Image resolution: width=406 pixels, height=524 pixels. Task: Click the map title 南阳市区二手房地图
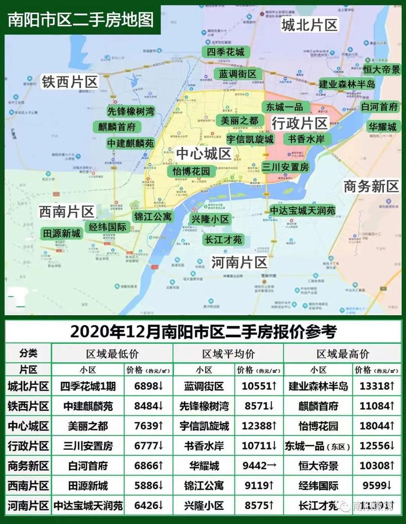pyautogui.click(x=81, y=19)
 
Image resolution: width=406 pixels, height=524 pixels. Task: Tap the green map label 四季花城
pyautogui.click(x=226, y=52)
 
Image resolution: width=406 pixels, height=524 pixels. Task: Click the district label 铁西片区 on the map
pyautogui.click(x=70, y=82)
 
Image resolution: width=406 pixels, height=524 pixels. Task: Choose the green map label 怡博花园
pyautogui.click(x=191, y=171)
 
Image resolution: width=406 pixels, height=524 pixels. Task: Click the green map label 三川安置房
pyautogui.click(x=285, y=167)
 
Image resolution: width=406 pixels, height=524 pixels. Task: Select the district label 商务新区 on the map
pyautogui.click(x=371, y=186)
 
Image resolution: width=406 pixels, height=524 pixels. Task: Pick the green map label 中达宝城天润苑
pyautogui.click(x=302, y=210)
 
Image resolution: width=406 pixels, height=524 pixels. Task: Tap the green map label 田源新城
pyautogui.click(x=61, y=234)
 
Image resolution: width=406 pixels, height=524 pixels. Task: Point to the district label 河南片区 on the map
pyautogui.click(x=239, y=263)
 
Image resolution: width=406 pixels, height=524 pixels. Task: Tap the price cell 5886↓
pyautogui.click(x=149, y=486)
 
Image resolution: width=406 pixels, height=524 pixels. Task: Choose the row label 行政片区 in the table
pyautogui.click(x=28, y=446)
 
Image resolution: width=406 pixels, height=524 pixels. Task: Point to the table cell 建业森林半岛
pyautogui.click(x=318, y=386)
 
